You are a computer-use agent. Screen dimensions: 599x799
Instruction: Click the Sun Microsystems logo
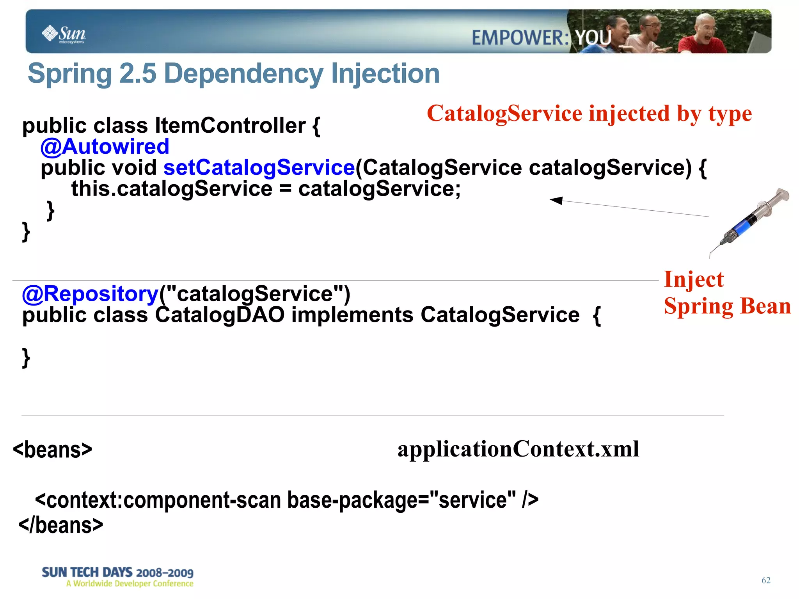point(64,34)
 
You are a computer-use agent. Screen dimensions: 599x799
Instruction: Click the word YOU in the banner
point(593,38)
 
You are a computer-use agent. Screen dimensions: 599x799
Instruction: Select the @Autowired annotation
point(105,146)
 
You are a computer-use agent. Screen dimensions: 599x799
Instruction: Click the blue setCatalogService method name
point(259,167)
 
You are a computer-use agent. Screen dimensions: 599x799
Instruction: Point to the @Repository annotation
point(90,293)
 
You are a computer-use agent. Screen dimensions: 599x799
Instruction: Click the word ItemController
point(230,125)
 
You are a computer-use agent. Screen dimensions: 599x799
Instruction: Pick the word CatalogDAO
point(220,315)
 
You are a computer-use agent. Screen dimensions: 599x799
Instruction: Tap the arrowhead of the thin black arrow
point(556,200)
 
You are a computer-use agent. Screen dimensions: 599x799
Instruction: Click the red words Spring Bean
point(727,306)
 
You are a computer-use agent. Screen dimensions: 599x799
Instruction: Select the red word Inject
point(694,279)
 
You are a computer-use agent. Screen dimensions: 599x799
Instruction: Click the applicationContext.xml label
point(518,449)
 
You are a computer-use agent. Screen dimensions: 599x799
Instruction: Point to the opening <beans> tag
point(53,450)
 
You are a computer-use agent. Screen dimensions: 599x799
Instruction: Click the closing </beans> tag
point(61,525)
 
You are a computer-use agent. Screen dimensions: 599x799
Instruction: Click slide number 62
point(766,580)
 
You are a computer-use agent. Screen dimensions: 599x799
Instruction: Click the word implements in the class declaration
point(352,315)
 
